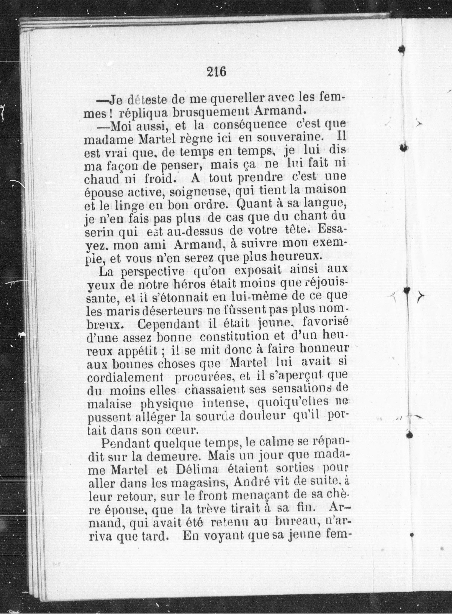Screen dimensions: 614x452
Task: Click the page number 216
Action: [x=217, y=72]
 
